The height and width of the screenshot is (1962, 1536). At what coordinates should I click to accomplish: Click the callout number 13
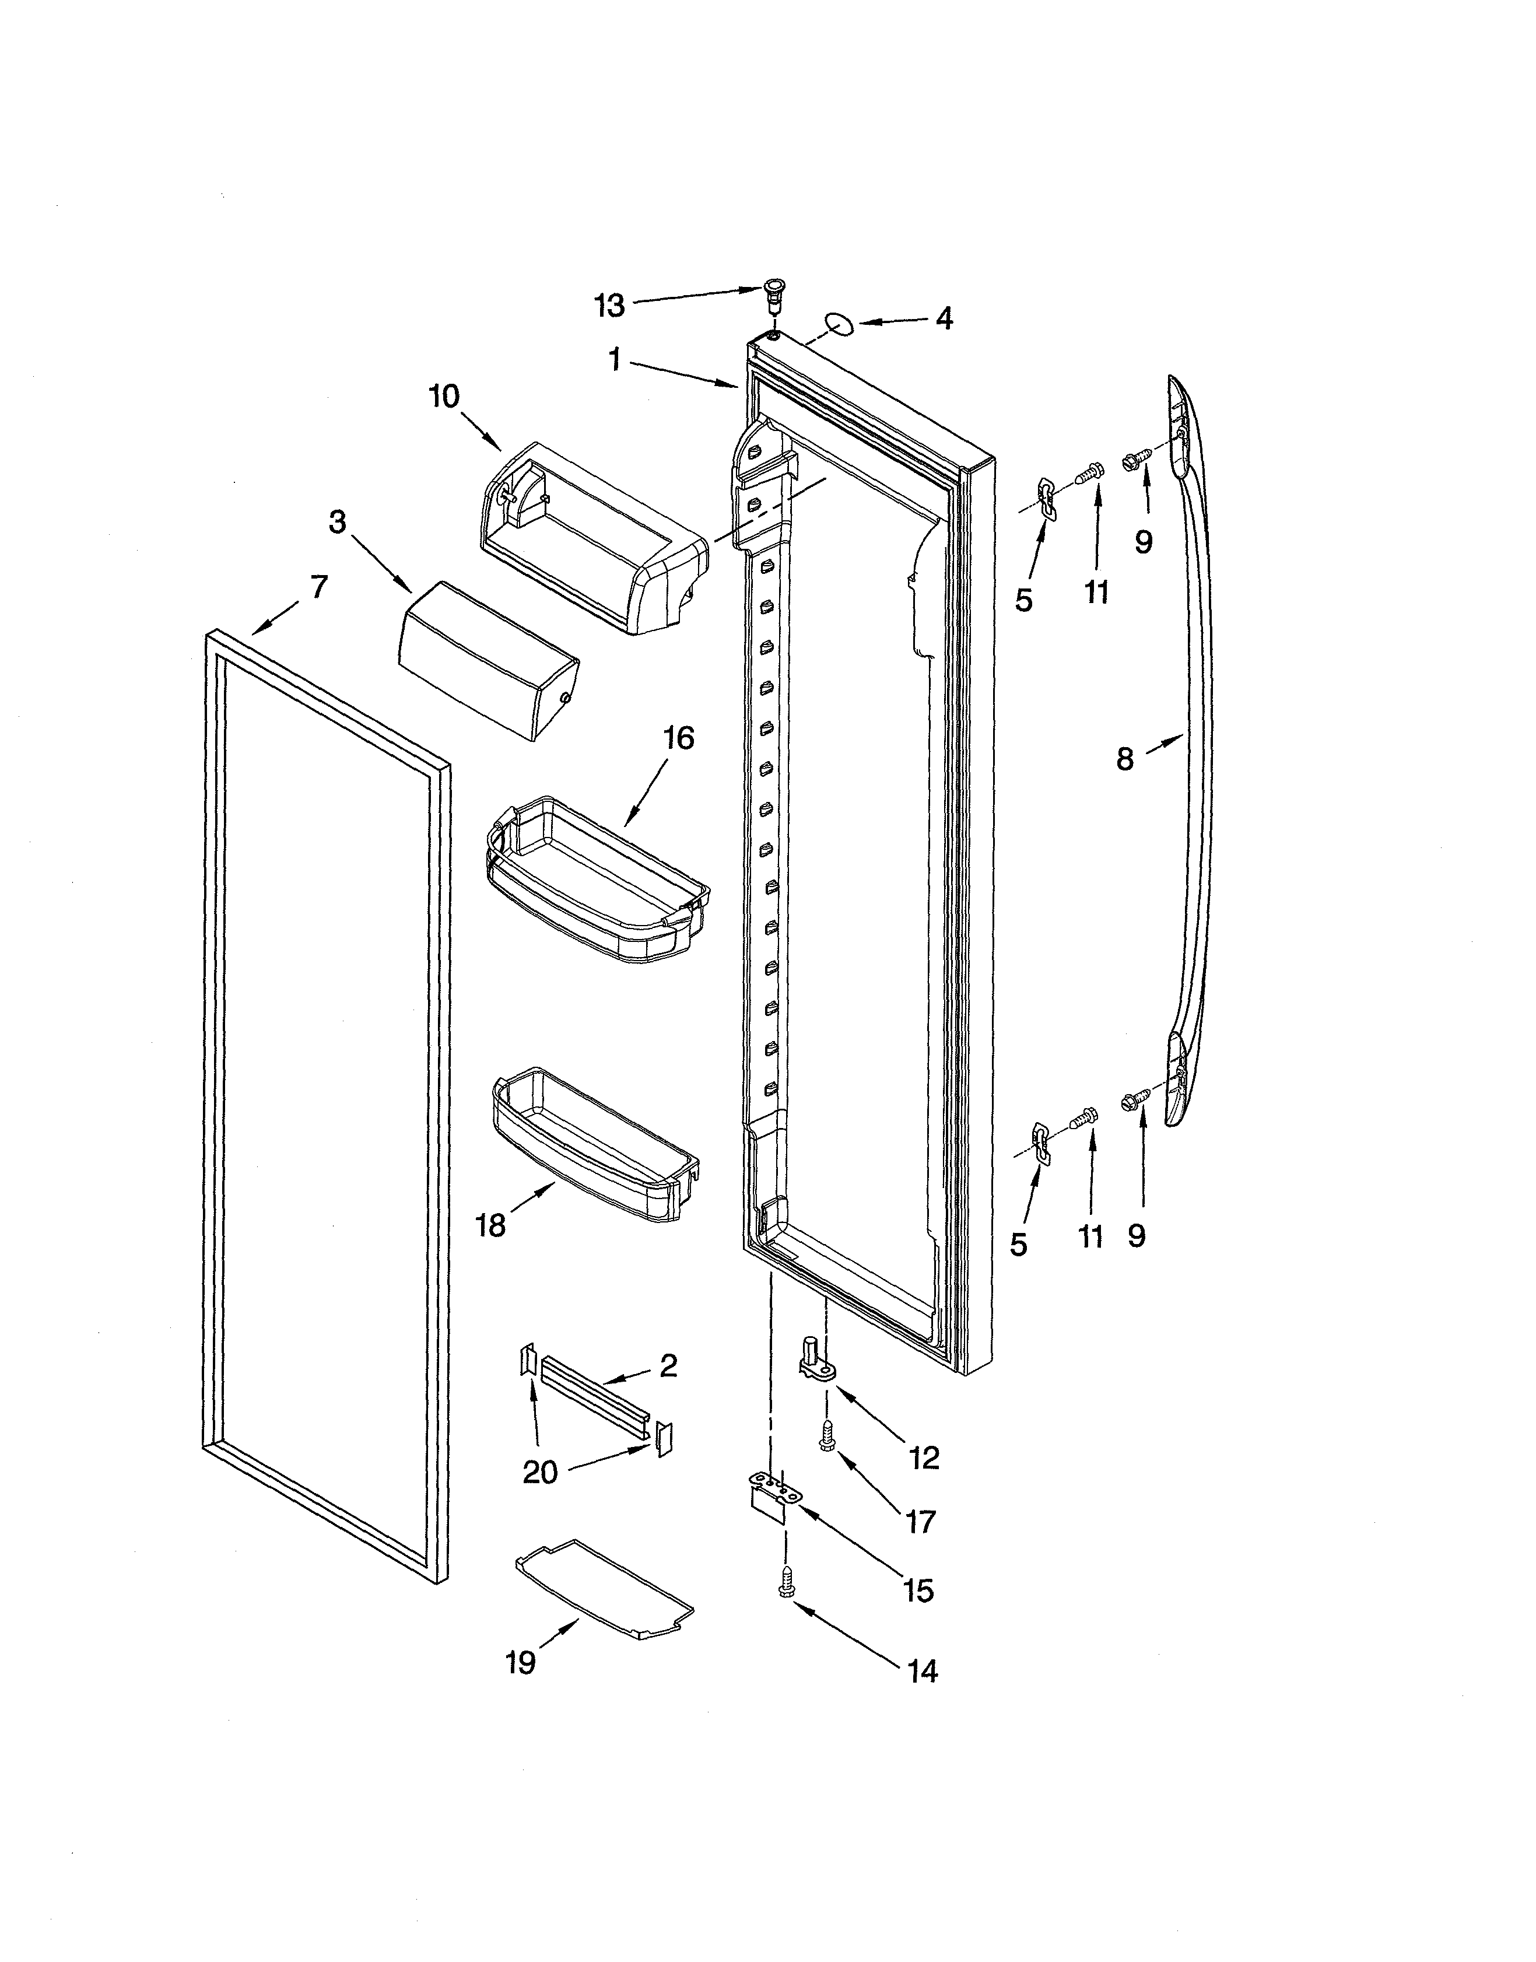point(609,307)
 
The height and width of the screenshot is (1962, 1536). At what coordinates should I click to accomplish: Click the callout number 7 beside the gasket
point(318,587)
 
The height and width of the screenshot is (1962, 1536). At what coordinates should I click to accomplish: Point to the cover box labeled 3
point(486,660)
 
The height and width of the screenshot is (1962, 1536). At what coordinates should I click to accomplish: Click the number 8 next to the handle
point(1125,759)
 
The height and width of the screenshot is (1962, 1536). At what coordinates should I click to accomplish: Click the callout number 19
point(521,1663)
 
